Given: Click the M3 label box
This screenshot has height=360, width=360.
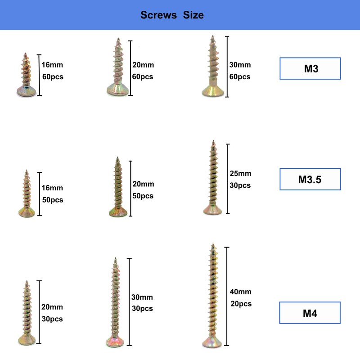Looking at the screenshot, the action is click(310, 69).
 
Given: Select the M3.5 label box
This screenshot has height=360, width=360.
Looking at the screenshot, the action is click(310, 180).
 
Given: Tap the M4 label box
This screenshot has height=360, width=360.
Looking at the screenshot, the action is click(310, 313).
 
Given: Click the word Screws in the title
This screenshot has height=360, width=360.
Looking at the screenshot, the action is click(158, 15).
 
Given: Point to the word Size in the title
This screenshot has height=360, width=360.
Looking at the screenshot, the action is click(193, 15).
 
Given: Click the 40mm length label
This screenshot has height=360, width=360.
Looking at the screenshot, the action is click(241, 292).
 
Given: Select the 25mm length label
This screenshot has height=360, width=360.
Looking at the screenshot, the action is click(241, 174).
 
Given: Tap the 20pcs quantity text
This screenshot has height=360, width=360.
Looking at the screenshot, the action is click(241, 304).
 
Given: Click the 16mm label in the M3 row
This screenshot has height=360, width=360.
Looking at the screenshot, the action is click(52, 65).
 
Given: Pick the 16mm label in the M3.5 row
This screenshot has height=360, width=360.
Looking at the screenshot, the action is click(52, 188).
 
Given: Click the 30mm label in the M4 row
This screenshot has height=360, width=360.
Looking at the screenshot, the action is click(142, 297).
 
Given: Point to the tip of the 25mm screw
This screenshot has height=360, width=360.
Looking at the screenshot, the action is click(213, 142).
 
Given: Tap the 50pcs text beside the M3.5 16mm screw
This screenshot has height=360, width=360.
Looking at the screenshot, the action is click(52, 200).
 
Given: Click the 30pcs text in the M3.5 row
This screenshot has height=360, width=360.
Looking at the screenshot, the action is click(241, 185).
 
